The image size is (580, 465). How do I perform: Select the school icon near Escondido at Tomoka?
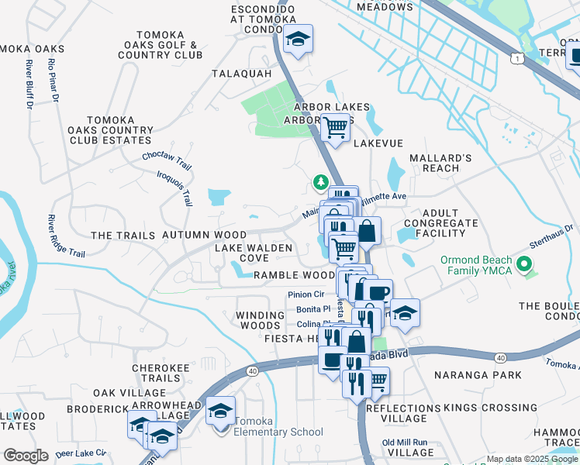(x=297, y=39)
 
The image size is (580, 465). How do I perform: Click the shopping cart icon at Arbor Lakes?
(x=335, y=126)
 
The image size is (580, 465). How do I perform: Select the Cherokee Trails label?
(x=156, y=373)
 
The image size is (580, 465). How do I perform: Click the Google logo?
(x=26, y=456)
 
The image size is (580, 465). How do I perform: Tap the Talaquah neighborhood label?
(x=242, y=74)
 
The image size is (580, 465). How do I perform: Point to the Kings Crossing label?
(x=479, y=408)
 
